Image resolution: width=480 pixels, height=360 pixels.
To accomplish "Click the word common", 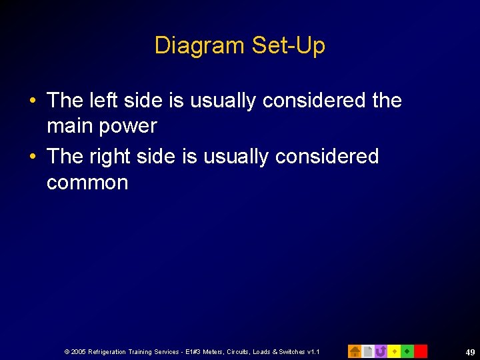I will click(87, 183).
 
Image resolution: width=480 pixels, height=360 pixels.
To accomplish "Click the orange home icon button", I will click(355, 351).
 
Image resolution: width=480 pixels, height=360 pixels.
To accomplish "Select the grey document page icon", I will click(367, 351).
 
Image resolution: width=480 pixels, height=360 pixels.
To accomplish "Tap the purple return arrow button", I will click(381, 351).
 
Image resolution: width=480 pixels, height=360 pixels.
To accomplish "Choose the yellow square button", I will click(394, 351).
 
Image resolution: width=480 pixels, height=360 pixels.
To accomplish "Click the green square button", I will click(407, 351).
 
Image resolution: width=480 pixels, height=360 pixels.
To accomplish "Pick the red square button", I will click(421, 351).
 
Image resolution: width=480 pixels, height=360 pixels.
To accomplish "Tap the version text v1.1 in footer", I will click(313, 351).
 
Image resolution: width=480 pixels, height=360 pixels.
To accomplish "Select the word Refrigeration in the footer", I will click(109, 351).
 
